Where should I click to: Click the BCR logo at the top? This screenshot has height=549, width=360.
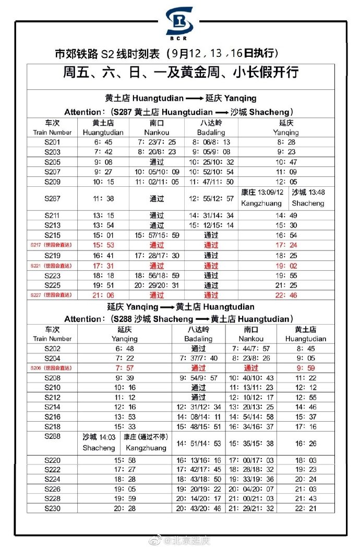(x=179, y=23)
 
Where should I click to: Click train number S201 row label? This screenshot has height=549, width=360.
(x=52, y=142)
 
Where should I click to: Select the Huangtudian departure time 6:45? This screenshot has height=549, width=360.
(x=103, y=142)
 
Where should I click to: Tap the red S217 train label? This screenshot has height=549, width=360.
(x=52, y=245)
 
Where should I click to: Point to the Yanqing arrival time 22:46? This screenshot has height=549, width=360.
(x=286, y=295)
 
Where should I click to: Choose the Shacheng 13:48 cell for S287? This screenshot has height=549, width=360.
(x=308, y=197)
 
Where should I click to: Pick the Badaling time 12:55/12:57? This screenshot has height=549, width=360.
(x=211, y=199)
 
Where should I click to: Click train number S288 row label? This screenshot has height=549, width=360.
(x=52, y=436)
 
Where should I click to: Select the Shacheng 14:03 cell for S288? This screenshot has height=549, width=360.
(x=99, y=443)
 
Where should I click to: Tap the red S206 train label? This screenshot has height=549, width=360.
(x=52, y=368)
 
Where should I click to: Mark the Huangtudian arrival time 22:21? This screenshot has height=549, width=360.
(x=305, y=508)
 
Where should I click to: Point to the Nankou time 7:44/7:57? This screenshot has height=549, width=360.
(x=251, y=348)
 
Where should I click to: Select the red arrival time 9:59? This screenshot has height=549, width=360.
(x=305, y=368)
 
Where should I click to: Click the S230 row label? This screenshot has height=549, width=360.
(x=52, y=508)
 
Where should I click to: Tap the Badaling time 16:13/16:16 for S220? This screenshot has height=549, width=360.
(x=199, y=460)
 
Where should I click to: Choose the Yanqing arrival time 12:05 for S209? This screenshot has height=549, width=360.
(x=286, y=182)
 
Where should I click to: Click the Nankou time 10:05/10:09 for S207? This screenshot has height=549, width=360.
(x=157, y=172)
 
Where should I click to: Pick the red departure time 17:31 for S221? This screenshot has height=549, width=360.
(x=103, y=266)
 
